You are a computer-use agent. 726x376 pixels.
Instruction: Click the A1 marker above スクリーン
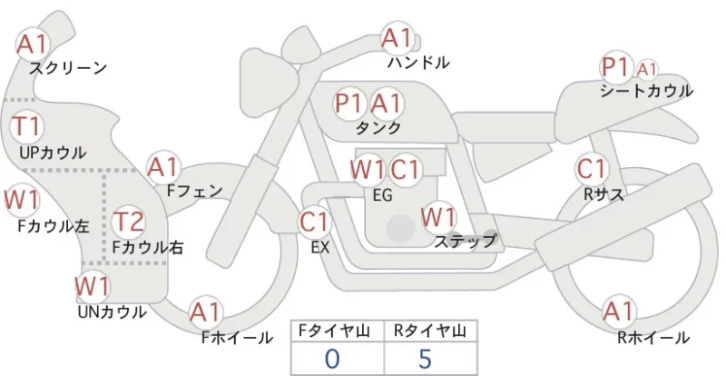33,45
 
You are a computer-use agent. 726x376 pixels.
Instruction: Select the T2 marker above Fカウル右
129,222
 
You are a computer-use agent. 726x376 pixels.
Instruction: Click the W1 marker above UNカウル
93,286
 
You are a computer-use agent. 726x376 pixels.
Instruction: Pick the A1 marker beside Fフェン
163,167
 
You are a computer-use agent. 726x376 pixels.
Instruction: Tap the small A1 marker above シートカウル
647,70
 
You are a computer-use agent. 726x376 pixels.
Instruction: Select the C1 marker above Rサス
592,169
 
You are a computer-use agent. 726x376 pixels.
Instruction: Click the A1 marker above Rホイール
619,312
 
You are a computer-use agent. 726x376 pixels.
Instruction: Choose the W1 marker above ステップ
438,217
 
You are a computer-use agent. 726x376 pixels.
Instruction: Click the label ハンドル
418,62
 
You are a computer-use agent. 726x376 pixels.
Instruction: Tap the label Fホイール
237,338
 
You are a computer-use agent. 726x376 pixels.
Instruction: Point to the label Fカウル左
54,226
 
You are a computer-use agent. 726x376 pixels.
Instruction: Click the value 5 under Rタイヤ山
425,359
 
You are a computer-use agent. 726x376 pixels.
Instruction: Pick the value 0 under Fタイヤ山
332,359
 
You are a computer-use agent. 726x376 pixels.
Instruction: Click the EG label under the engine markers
382,195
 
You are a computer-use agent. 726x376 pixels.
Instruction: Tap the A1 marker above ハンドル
397,38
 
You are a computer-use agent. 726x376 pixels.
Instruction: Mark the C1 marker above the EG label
405,170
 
